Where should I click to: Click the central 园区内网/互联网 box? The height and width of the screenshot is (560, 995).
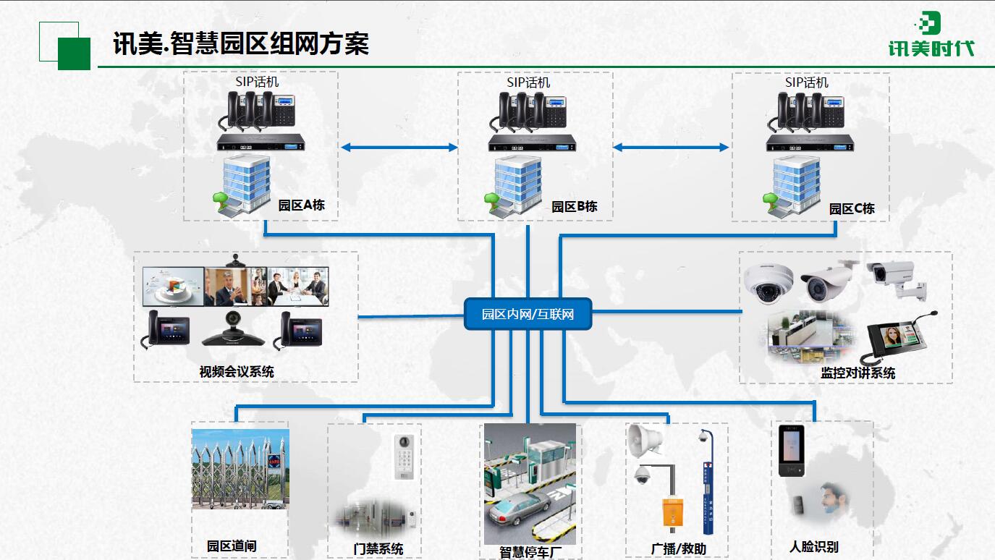[x=528, y=314]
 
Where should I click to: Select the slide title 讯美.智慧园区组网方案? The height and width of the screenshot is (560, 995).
[x=241, y=43]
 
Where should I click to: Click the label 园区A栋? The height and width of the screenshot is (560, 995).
[x=301, y=205]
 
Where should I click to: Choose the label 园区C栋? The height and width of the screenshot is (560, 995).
[x=852, y=208]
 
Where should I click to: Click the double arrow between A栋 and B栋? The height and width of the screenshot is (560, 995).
[x=399, y=148]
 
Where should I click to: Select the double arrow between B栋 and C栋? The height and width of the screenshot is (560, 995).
[x=671, y=148]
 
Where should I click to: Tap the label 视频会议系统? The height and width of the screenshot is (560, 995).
[x=237, y=372]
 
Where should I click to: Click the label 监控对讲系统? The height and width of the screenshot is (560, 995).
[x=858, y=373]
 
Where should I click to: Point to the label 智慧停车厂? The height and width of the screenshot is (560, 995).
[x=530, y=552]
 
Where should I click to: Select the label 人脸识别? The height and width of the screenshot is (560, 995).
[x=813, y=547]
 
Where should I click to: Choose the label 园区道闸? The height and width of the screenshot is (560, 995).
[x=232, y=546]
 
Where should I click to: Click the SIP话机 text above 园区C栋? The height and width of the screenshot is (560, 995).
[x=807, y=82]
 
